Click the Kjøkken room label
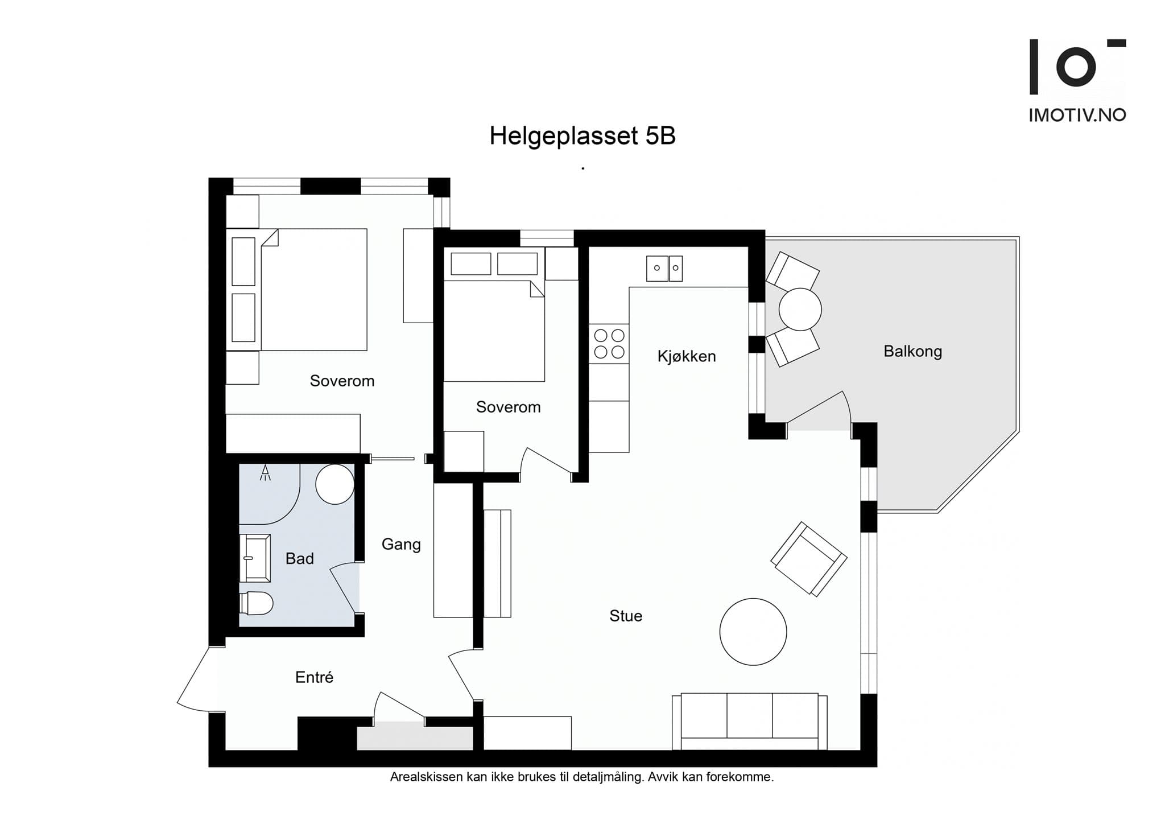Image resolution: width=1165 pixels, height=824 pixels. pyautogui.click(x=687, y=357)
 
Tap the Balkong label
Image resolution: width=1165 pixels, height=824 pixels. pyautogui.click(x=912, y=352)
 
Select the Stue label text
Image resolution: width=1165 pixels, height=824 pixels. pyautogui.click(x=626, y=616)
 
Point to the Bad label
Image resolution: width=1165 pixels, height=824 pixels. pyautogui.click(x=300, y=559)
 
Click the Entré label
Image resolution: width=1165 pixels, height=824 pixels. pyautogui.click(x=314, y=677)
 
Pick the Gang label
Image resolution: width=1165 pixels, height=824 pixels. pyautogui.click(x=401, y=545)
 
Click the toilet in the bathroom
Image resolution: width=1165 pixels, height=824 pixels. pyautogui.click(x=257, y=603)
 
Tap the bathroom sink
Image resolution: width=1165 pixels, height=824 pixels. pyautogui.click(x=255, y=558)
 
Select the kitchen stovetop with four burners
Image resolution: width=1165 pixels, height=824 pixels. pyautogui.click(x=609, y=344)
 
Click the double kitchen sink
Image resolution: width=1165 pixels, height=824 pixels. pyautogui.click(x=664, y=268)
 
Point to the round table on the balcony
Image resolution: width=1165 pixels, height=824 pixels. pyautogui.click(x=800, y=310)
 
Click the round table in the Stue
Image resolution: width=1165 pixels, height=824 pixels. pyautogui.click(x=753, y=632)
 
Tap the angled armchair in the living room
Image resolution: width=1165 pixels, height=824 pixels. pyautogui.click(x=809, y=559)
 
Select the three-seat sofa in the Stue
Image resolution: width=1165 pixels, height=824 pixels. pyautogui.click(x=750, y=722)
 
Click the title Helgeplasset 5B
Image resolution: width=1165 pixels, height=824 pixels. pyautogui.click(x=582, y=137)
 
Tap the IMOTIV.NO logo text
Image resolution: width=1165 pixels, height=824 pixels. pyautogui.click(x=1077, y=116)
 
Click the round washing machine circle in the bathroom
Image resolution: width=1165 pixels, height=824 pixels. pyautogui.click(x=335, y=484)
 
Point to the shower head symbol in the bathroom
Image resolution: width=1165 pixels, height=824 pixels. pyautogui.click(x=265, y=473)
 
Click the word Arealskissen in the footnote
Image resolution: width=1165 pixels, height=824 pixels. pyautogui.click(x=426, y=777)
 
